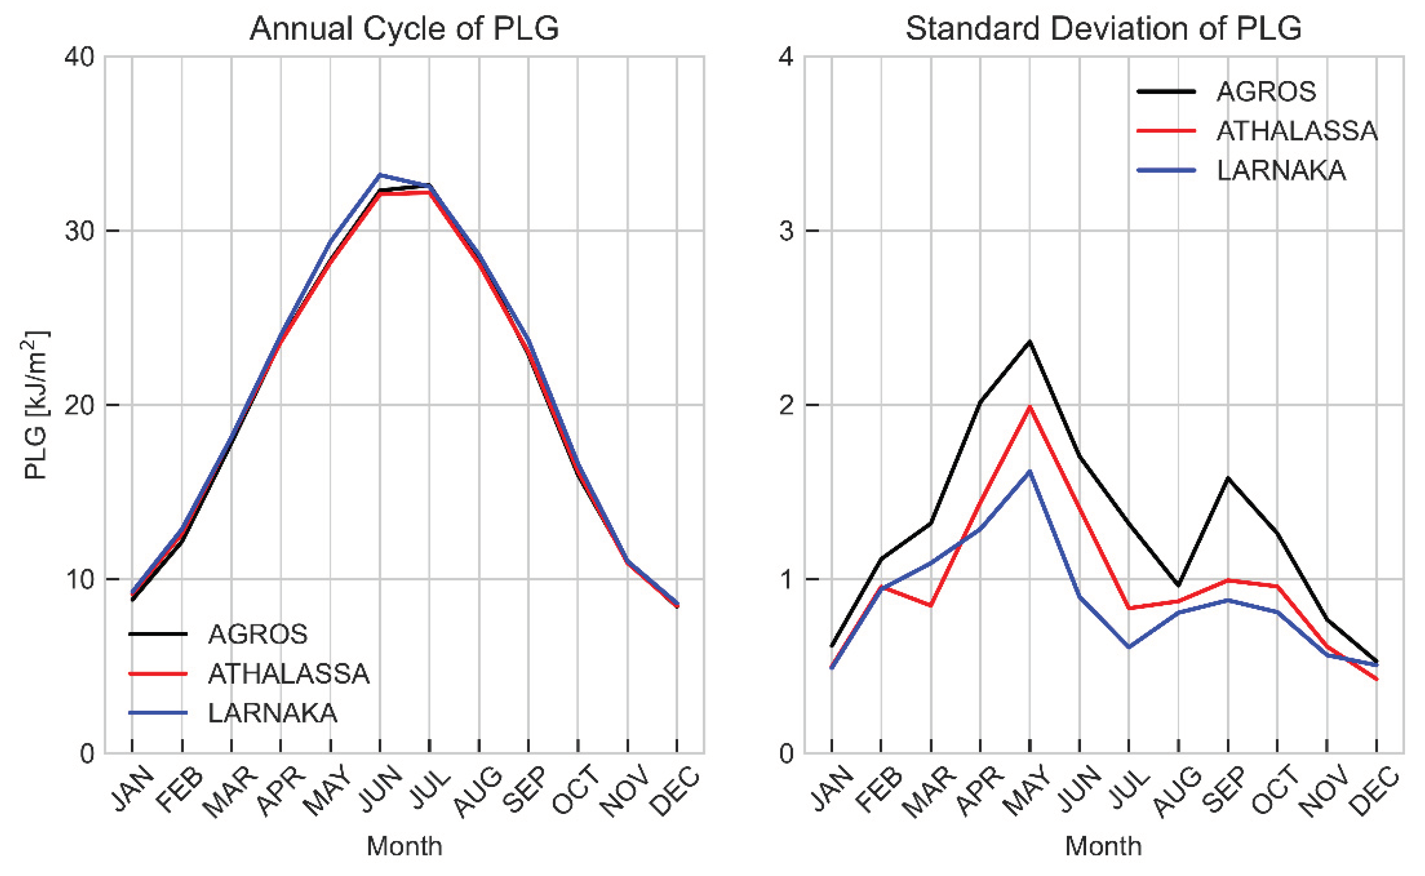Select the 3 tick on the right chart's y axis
[x=786, y=231]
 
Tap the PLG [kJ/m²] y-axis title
[x=36, y=405]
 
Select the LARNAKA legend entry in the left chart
[x=272, y=713]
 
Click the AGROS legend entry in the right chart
[x=1266, y=91]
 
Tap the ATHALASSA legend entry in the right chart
[x=1297, y=131]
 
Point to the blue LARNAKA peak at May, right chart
[x=1030, y=471]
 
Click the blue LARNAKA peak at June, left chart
[x=380, y=174]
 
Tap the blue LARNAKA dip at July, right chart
[x=1129, y=647]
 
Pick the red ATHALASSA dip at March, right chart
[x=931, y=605]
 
